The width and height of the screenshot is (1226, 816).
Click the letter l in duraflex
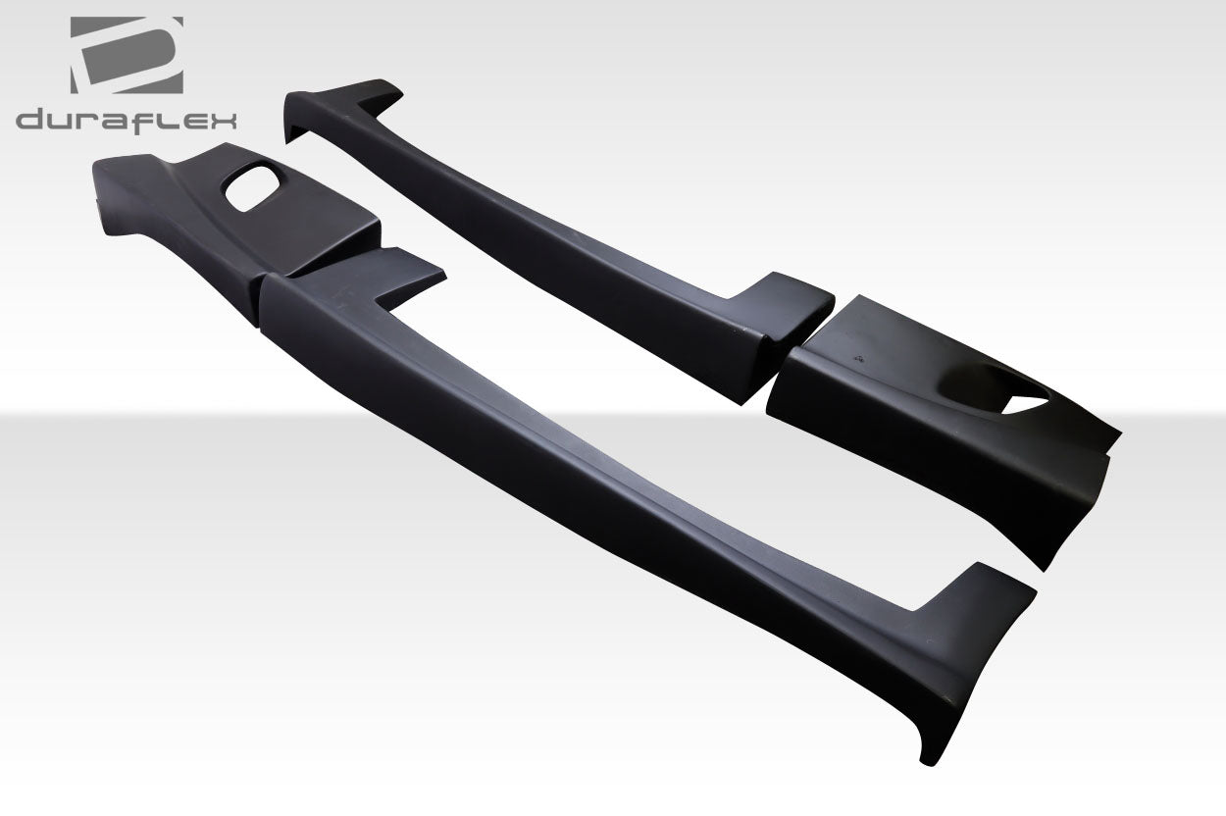point(164,121)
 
